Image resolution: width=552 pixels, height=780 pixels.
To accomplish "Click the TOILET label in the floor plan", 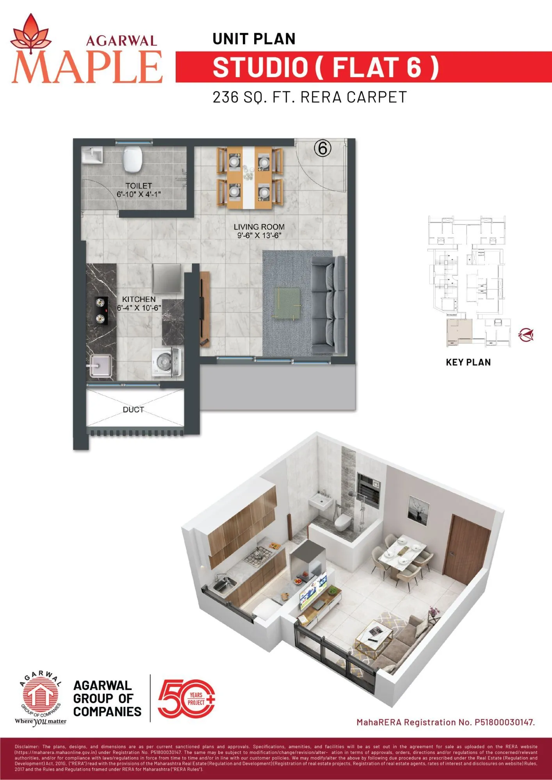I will click(139, 186).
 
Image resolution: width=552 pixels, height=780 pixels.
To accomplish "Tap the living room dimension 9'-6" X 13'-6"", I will click(259, 236).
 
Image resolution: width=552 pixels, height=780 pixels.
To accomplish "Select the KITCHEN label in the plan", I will click(139, 299).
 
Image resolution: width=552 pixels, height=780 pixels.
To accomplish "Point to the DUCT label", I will click(134, 409).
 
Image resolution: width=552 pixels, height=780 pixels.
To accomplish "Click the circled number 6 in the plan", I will click(322, 149).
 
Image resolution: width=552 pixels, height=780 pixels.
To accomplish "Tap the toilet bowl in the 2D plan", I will click(132, 160).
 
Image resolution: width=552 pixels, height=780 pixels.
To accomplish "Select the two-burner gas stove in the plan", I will click(101, 310).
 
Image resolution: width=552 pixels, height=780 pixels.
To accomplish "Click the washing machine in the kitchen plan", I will click(167, 362).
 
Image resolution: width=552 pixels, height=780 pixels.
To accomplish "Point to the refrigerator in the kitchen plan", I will click(167, 278).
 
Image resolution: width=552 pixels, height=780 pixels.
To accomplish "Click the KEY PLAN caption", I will click(468, 362).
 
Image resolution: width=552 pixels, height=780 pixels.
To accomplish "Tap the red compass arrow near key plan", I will click(526, 335).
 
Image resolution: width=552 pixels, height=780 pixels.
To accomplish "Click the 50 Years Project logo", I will click(186, 699).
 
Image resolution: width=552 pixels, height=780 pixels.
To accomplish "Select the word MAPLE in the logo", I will click(87, 66).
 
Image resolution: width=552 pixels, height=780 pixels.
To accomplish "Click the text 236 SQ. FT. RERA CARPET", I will click(310, 97).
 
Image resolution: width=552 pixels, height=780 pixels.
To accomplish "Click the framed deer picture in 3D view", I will click(418, 509).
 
